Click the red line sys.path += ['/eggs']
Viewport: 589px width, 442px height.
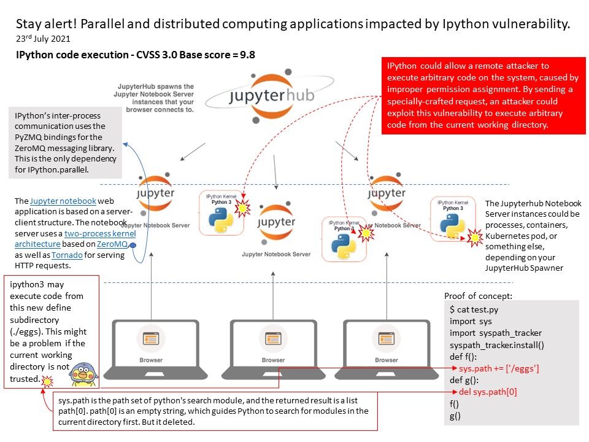[499, 368]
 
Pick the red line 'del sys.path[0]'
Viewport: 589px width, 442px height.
[488, 392]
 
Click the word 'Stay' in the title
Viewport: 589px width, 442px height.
[29, 24]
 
